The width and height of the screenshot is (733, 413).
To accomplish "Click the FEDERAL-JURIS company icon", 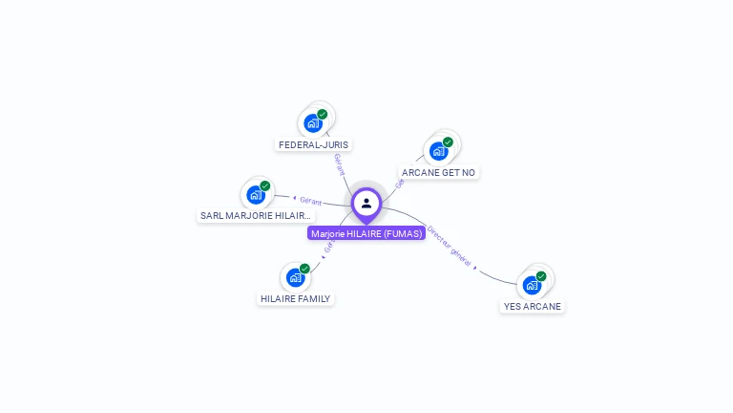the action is pos(313,123).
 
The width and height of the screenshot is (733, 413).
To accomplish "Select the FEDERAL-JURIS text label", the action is pos(314,144).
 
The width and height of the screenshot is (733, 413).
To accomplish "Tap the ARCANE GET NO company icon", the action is pos(438,151).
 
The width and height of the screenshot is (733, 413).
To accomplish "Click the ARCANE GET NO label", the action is pos(438,173).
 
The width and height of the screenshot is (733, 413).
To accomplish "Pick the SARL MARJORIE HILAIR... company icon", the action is pos(256,195).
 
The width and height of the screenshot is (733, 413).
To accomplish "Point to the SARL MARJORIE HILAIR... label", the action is pos(256,216).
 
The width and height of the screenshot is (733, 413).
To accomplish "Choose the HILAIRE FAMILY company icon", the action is pos(296,278).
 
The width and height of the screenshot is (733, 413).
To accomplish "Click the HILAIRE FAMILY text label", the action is pos(296,299).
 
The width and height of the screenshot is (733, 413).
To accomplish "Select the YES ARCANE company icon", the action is pos(532,285).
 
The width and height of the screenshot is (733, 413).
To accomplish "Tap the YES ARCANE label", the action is pos(533,307).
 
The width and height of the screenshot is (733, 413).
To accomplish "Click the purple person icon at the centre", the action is pos(366,203).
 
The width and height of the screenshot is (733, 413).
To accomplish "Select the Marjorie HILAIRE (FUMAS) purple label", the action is pos(366,233).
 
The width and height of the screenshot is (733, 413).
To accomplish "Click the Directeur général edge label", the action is pos(450,247).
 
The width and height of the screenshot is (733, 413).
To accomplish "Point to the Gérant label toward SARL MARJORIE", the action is pos(310,201).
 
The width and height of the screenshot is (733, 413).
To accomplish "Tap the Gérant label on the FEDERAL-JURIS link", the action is pos(339,163).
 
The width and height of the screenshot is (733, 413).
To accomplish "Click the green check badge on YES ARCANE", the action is pos(541,276).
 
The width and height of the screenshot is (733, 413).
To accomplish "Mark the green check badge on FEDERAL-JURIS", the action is pos(323,115).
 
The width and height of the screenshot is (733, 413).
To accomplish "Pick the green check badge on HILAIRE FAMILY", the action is pos(305,269).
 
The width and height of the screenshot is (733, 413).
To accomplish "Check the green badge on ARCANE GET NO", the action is pos(448,142).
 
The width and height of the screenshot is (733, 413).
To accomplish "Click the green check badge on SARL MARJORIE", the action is pos(265,186).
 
